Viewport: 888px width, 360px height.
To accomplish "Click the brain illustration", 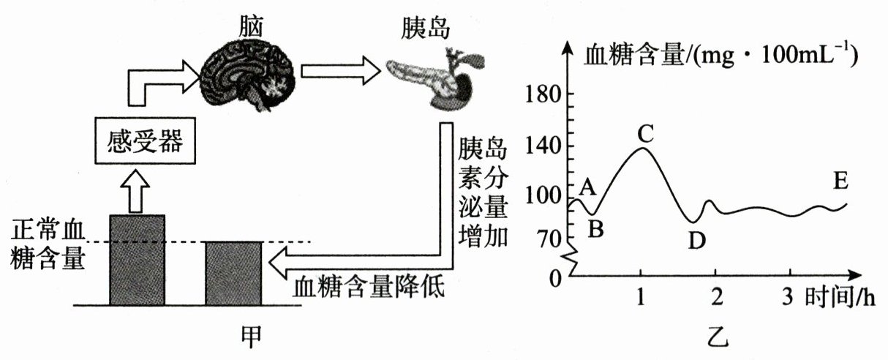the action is (249, 77).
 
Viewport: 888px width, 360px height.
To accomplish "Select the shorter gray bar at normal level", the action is (233, 272).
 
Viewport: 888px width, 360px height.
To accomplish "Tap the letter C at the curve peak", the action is (644, 133).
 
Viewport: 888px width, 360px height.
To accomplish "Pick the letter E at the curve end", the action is (840, 180).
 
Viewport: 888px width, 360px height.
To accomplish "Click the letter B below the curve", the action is (595, 229).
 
